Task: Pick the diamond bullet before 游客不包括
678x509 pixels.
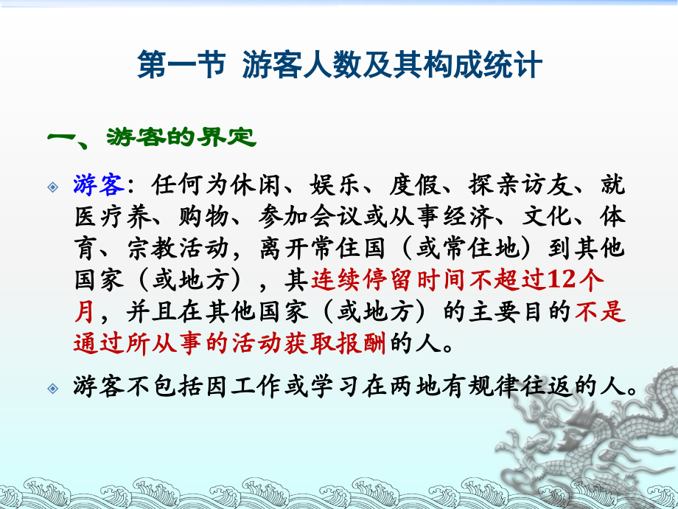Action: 53,387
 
